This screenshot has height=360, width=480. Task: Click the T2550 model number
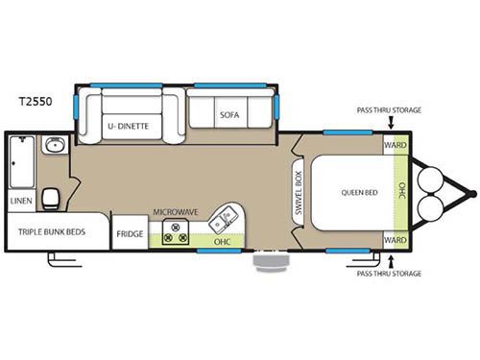coord(36,101)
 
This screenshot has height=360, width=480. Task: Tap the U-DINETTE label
coord(128,126)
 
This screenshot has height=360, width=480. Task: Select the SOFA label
coord(229,115)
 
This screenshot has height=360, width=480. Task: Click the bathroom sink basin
coord(55,145)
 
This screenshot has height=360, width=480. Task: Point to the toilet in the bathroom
coord(51,199)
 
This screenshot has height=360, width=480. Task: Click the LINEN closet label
coord(21,201)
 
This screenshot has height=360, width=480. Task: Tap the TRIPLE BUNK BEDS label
coord(52,232)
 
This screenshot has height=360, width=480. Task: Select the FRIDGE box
coord(130,232)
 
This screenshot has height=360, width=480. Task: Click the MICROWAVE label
coord(176,212)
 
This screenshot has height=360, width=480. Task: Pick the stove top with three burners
coord(176,232)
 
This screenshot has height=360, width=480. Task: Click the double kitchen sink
coord(223,220)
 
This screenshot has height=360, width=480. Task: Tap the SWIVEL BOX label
coord(299,192)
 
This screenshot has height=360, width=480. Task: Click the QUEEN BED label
coord(359,193)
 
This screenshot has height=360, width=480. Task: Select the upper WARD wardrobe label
coord(396,145)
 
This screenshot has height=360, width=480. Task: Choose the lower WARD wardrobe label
coord(396,240)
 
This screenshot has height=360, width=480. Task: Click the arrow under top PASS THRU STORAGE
coord(391,123)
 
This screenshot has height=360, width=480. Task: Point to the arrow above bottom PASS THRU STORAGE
coord(390,261)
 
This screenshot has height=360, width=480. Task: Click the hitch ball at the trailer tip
coord(472,193)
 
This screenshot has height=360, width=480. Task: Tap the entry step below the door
coord(272,262)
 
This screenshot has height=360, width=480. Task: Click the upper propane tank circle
coord(431,180)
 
